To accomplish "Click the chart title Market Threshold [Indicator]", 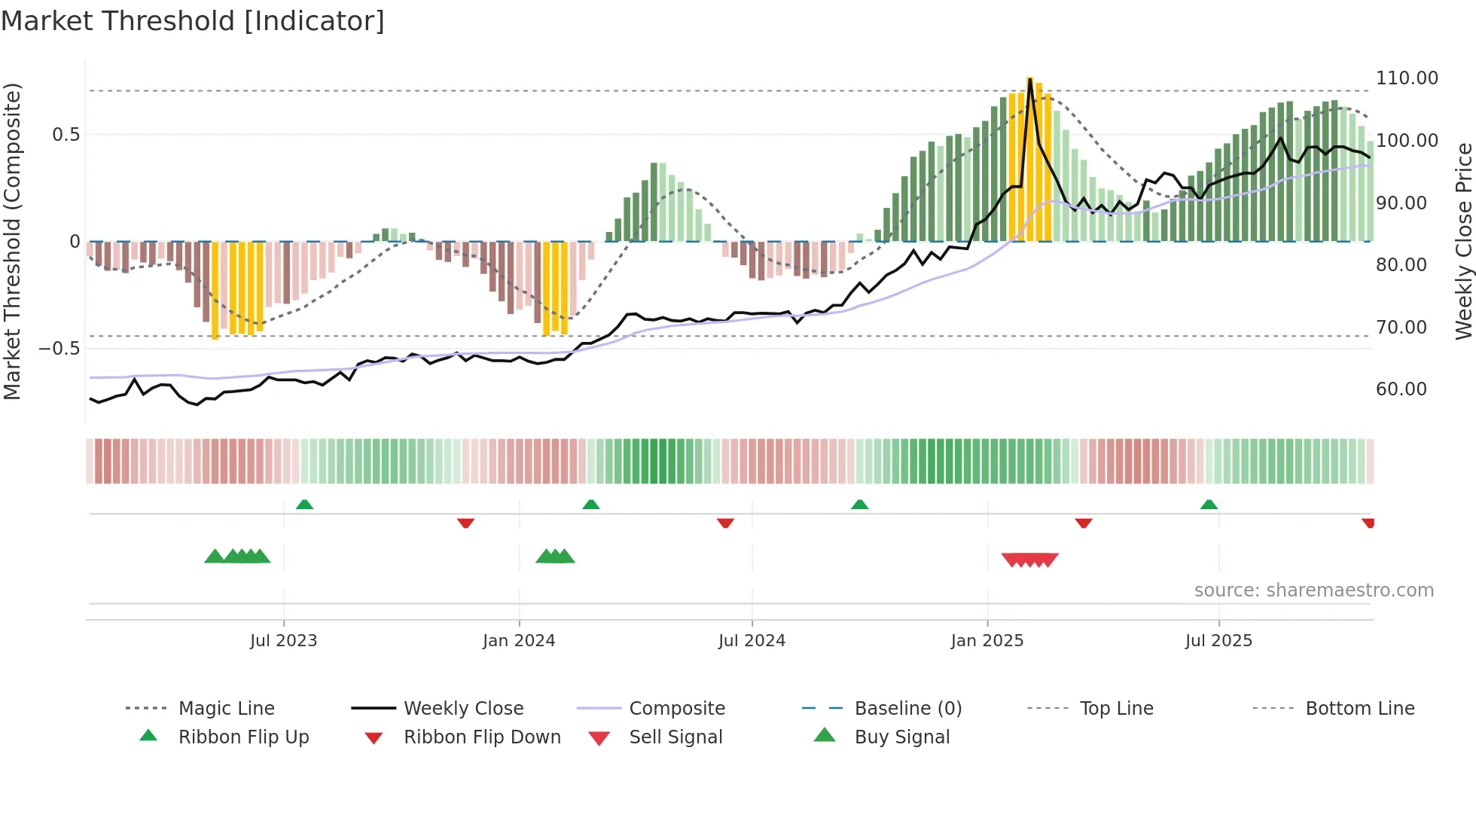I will point(193,21).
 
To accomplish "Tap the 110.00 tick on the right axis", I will point(1406,78).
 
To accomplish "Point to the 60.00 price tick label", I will point(1401,389).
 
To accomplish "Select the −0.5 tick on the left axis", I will point(59,349).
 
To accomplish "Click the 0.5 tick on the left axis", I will point(66,135).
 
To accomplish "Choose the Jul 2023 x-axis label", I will point(283,641).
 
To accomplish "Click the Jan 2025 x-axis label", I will point(987,641).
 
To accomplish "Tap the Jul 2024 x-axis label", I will point(752,641).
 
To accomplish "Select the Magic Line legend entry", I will point(226,709).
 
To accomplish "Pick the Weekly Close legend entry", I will point(463,709).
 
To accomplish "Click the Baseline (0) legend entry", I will point(907,709).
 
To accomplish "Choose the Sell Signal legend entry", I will point(675,737).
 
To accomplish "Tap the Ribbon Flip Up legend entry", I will point(243,737).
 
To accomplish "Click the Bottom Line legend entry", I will point(1359,709).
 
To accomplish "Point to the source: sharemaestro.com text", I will point(1313,590).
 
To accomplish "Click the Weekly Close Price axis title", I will point(1463,241).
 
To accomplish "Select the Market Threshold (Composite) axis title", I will point(12,241).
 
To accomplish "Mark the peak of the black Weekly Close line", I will point(1029,78).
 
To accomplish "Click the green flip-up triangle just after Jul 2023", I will point(304,505).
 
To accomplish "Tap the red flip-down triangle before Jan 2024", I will point(465,523).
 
